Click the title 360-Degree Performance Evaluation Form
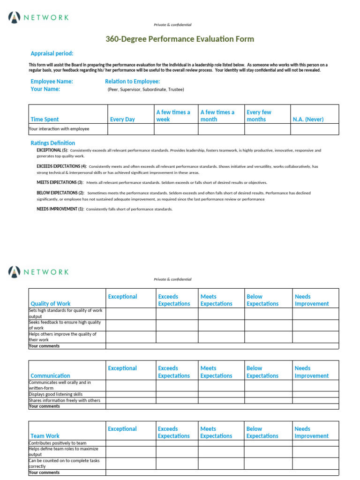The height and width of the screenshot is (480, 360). [180, 39]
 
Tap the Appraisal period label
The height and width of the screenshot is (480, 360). [52, 53]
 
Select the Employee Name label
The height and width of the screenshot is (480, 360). [52, 82]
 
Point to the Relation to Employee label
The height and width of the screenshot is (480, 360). [132, 82]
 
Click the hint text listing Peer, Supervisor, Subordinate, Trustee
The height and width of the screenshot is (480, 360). [146, 89]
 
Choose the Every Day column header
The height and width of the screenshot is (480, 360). [122, 120]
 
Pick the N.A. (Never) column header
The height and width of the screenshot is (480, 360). [308, 120]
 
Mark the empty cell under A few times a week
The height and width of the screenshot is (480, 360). [176, 129]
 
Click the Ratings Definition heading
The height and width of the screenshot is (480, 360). [52, 143]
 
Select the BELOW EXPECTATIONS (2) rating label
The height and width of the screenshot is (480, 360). [60, 193]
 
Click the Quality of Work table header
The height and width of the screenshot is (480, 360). [51, 304]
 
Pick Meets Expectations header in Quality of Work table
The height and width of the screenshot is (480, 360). [216, 300]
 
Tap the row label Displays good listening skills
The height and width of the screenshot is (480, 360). [56, 395]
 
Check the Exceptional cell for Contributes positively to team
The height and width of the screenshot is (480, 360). [131, 443]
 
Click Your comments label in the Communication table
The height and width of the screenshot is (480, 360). [45, 406]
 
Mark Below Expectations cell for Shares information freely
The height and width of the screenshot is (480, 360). [268, 400]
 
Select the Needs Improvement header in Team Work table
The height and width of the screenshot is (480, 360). [311, 432]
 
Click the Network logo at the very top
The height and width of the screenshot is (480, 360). [38, 18]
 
